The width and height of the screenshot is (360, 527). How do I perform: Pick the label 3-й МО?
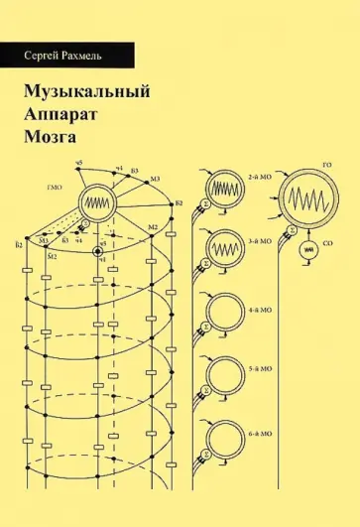pos(260,239)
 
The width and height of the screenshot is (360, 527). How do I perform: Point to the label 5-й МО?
pos(260,369)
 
